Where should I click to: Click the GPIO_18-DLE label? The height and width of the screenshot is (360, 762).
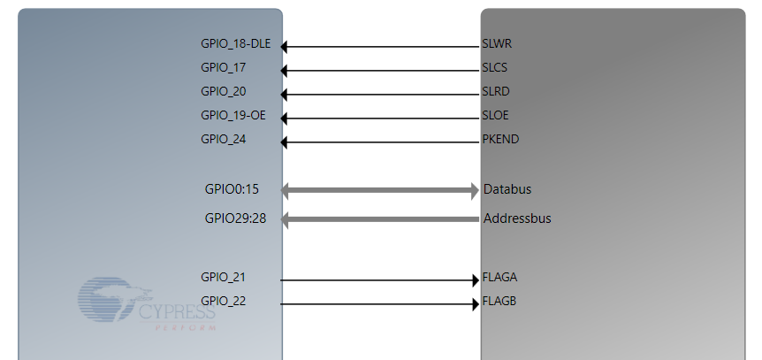point(235,43)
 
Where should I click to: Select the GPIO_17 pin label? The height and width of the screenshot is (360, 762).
point(224,67)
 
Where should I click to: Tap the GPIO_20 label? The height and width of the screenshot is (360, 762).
point(224,91)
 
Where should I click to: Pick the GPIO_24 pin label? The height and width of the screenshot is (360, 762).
point(224,139)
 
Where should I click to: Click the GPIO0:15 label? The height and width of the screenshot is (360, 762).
point(231,189)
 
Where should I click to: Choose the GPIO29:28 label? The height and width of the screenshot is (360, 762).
point(235,218)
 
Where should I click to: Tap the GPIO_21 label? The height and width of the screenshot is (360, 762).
point(224,277)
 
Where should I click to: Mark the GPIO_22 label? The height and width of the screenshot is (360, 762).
point(224,301)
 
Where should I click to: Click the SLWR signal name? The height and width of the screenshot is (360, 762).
point(496,43)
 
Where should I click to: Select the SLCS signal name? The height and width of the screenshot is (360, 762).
point(495,67)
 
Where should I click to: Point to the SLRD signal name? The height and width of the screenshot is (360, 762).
point(496,91)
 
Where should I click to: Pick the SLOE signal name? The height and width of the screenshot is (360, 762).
point(495,115)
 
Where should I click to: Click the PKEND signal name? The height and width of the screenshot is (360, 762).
point(500,139)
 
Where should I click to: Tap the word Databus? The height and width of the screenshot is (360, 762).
point(507,189)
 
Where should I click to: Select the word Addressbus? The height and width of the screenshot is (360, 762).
point(517,218)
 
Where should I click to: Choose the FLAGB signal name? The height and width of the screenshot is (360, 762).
point(499,301)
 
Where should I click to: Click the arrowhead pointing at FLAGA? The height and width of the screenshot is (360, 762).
point(475,280)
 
